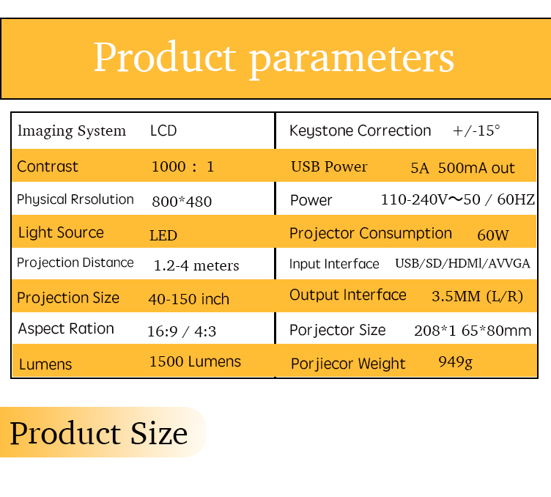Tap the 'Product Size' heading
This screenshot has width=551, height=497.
coord(99,433)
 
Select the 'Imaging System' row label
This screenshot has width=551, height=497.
coord(72,131)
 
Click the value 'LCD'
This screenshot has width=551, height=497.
coord(163,130)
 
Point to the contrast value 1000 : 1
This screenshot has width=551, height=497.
coord(182,166)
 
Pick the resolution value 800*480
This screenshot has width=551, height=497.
coord(182,202)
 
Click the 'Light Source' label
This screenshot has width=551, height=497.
coord(61,232)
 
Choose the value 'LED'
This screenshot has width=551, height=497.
coord(163,235)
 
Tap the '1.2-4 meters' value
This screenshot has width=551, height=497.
coord(196,265)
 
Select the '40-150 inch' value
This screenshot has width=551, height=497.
coord(189,300)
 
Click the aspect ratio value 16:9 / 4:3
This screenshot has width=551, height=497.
coord(182,331)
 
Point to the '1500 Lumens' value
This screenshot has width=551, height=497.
coord(196,361)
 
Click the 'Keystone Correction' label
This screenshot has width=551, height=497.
coord(360,130)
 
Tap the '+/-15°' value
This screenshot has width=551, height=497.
coord(476,130)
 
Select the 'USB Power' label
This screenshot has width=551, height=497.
coord(329,166)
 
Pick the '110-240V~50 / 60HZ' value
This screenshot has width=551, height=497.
coord(458,199)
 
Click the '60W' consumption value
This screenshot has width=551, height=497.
coord(493,235)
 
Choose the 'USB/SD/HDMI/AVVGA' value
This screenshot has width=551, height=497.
coord(462,263)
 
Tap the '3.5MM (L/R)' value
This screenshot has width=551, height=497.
coord(477,296)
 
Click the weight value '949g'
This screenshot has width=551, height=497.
coord(456,361)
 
